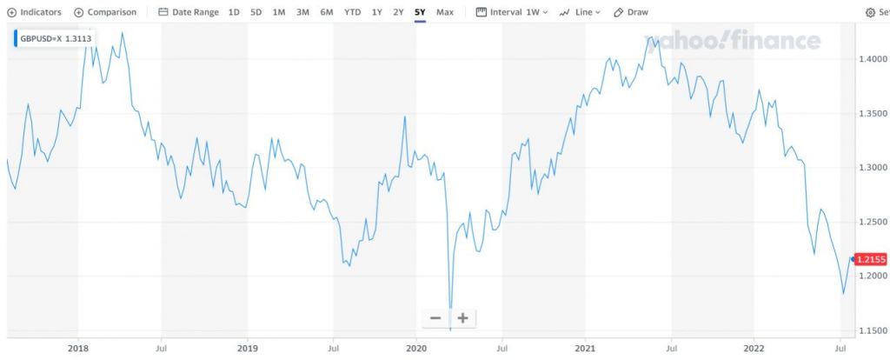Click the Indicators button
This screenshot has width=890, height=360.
pyautogui.click(x=34, y=13)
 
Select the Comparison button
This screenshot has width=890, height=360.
pyautogui.click(x=105, y=13)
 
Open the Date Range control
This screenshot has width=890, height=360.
pyautogui.click(x=188, y=13)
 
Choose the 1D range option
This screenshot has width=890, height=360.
pyautogui.click(x=234, y=13)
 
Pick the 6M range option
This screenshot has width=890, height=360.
pyautogui.click(x=326, y=13)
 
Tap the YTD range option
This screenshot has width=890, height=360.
pyautogui.click(x=352, y=13)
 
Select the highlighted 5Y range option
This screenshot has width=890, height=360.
pyautogui.click(x=420, y=13)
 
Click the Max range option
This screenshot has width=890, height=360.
pyautogui.click(x=445, y=13)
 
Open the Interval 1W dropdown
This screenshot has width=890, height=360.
pyautogui.click(x=512, y=13)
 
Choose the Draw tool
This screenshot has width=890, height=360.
pyautogui.click(x=631, y=13)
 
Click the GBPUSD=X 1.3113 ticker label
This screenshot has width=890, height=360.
pyautogui.click(x=54, y=38)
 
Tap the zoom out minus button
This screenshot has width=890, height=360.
pyautogui.click(x=435, y=318)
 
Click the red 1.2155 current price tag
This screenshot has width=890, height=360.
pyautogui.click(x=870, y=259)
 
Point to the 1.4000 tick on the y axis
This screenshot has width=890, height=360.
pyautogui.click(x=873, y=59)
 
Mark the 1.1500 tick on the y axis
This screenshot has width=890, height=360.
pyautogui.click(x=873, y=331)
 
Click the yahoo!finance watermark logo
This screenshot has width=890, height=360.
pyautogui.click(x=732, y=42)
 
